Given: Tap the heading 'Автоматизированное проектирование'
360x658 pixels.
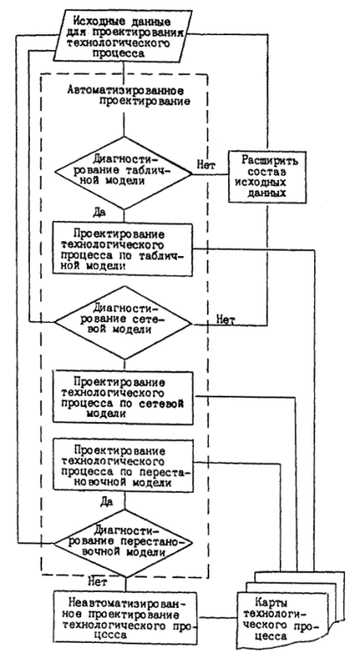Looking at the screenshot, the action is [x=124, y=95].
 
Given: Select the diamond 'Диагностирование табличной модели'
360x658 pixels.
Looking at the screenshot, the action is [x=124, y=172].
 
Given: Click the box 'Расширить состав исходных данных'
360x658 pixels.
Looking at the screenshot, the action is [x=268, y=176].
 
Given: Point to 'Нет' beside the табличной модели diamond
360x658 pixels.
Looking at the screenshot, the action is [x=206, y=165].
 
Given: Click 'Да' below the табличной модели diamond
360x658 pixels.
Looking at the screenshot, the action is [x=99, y=212].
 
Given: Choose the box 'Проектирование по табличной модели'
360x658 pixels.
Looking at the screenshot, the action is [x=122, y=248].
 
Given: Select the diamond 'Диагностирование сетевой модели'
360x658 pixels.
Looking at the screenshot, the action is [x=124, y=323].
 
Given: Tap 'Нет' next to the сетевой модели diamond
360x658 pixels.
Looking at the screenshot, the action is [x=225, y=320].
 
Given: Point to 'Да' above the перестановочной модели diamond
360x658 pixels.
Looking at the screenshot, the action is [x=106, y=501].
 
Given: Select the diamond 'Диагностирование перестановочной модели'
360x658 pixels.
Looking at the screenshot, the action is [x=125, y=543].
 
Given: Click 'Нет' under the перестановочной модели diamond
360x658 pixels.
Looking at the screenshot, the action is [x=98, y=581].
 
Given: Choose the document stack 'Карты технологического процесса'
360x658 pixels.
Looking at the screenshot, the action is [x=291, y=609].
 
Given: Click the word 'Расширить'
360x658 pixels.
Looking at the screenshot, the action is [x=267, y=161].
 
